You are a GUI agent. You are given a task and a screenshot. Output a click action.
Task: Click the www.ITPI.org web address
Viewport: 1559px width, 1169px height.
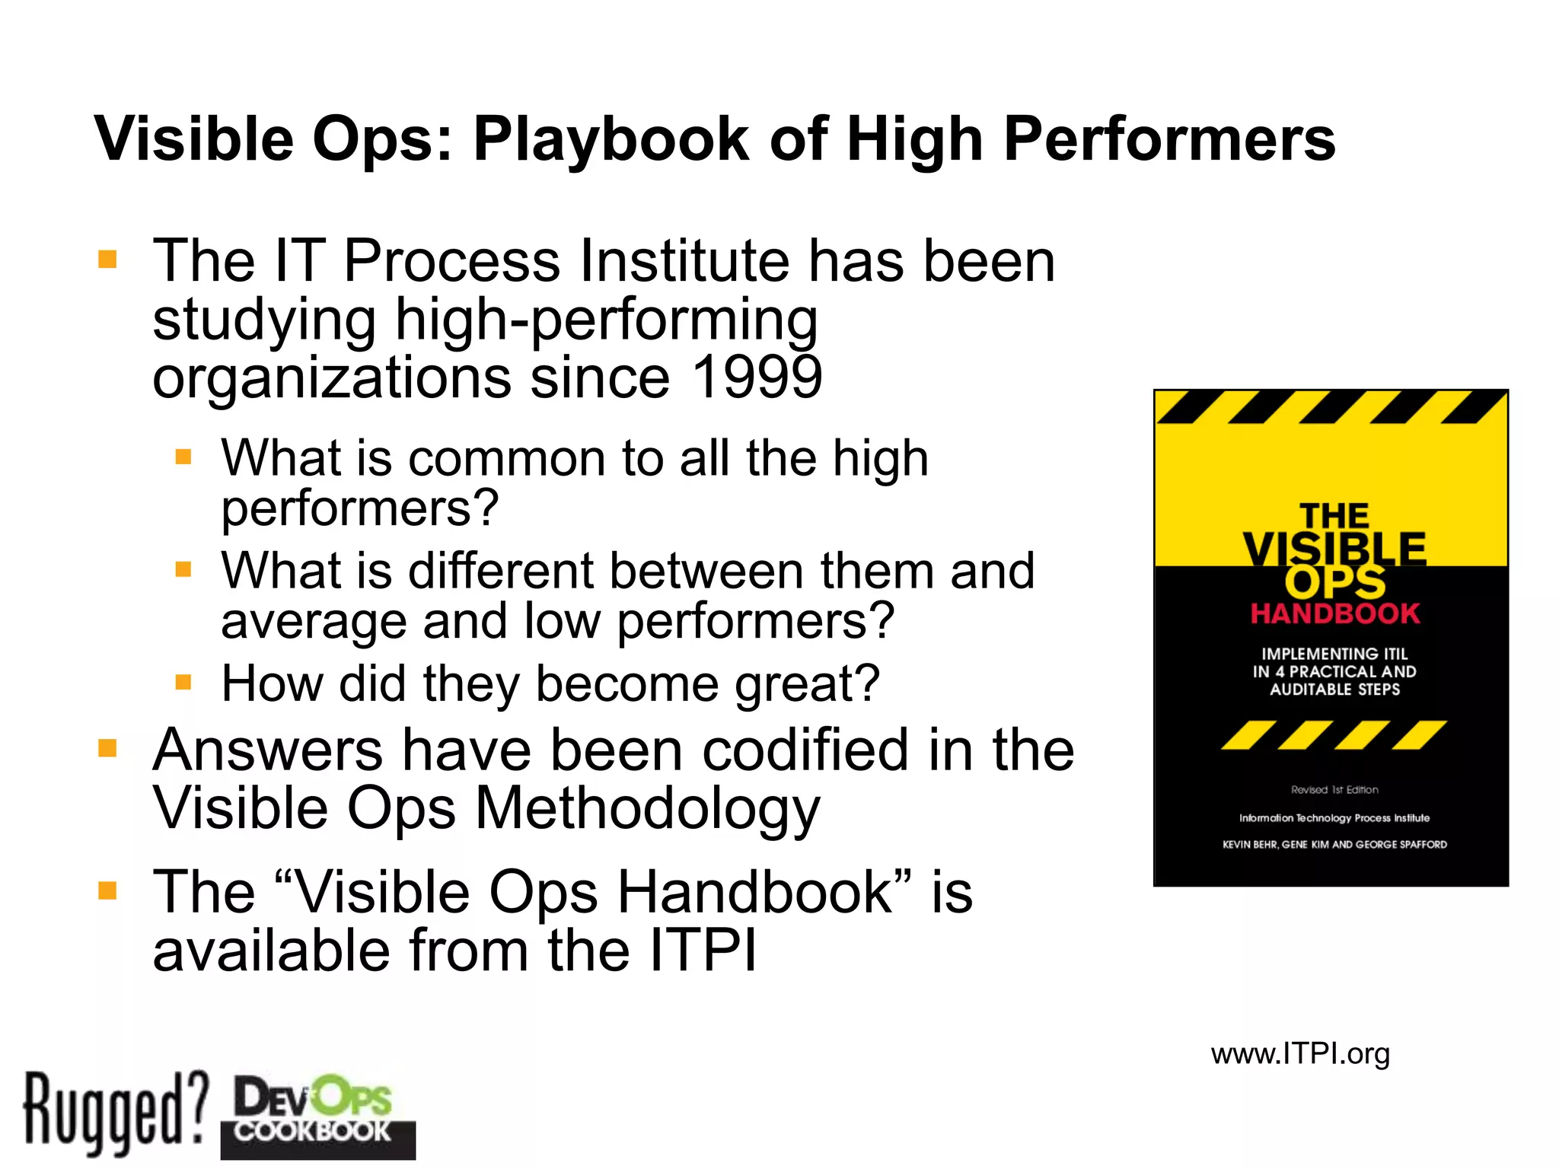pyautogui.click(x=1300, y=1054)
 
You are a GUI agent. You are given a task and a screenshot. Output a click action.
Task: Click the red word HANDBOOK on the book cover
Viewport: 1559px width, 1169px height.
pyautogui.click(x=1334, y=613)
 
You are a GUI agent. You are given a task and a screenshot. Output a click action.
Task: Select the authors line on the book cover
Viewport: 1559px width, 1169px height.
pyautogui.click(x=1334, y=845)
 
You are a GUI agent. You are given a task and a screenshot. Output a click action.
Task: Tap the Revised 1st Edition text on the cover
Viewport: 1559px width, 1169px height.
pyautogui.click(x=1334, y=790)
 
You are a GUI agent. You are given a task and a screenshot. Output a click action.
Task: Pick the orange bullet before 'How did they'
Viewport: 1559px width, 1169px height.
pyautogui.click(x=183, y=682)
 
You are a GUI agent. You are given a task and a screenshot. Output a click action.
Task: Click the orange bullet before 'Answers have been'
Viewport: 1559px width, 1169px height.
pyautogui.click(x=108, y=749)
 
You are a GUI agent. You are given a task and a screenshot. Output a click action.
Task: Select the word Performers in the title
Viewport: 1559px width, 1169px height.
pyautogui.click(x=1169, y=140)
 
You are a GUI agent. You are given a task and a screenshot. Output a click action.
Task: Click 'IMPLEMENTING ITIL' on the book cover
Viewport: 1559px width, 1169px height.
pyautogui.click(x=1334, y=654)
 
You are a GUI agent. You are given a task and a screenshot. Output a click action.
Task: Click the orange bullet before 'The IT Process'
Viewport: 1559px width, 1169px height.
pyautogui.click(x=108, y=260)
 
